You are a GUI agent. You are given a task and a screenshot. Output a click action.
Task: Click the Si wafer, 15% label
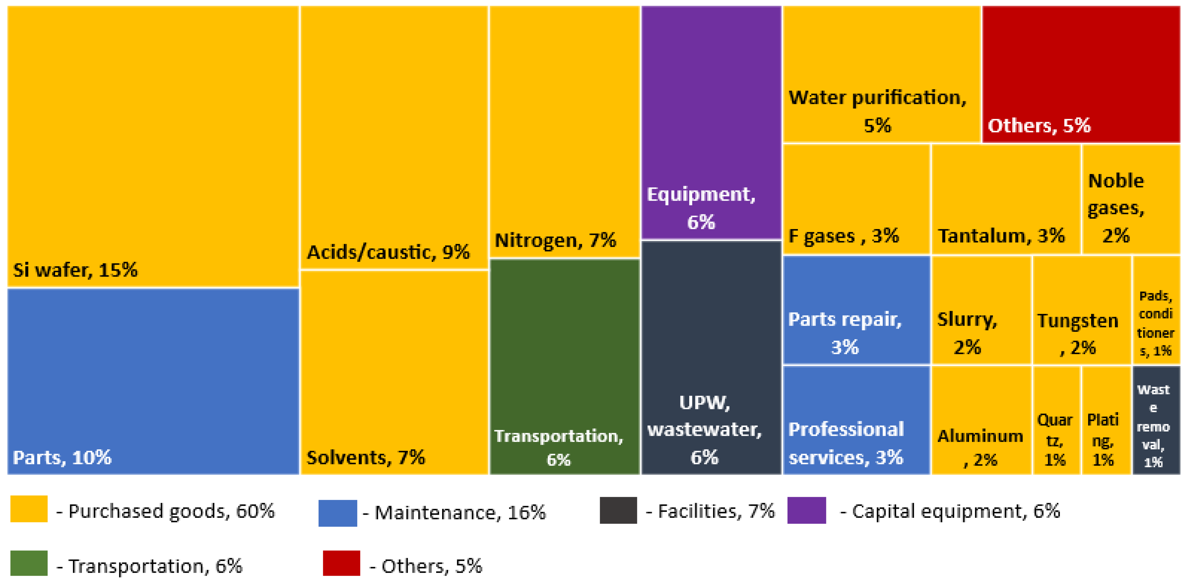(75, 270)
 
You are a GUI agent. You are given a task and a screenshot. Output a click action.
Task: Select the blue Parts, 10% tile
(153, 381)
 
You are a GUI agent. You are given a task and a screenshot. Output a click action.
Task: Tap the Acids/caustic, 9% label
(388, 252)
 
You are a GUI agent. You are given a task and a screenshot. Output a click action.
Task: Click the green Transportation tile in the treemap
(564, 367)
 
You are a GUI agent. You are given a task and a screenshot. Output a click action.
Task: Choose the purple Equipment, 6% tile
(711, 122)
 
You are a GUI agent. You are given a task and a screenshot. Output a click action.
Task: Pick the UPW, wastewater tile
(711, 357)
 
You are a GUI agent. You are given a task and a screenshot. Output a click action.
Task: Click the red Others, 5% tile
(1081, 74)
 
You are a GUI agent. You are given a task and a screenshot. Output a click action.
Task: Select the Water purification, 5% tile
(881, 74)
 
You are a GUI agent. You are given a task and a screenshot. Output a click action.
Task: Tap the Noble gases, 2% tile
(1130, 199)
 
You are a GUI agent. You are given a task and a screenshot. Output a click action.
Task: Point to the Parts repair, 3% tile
(856, 310)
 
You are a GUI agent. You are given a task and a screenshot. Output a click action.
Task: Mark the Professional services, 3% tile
(856, 420)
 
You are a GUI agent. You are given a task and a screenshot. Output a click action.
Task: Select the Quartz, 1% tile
(1056, 420)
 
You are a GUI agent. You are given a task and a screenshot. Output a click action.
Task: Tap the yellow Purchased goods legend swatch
(28, 509)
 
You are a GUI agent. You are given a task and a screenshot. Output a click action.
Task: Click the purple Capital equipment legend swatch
(806, 510)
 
